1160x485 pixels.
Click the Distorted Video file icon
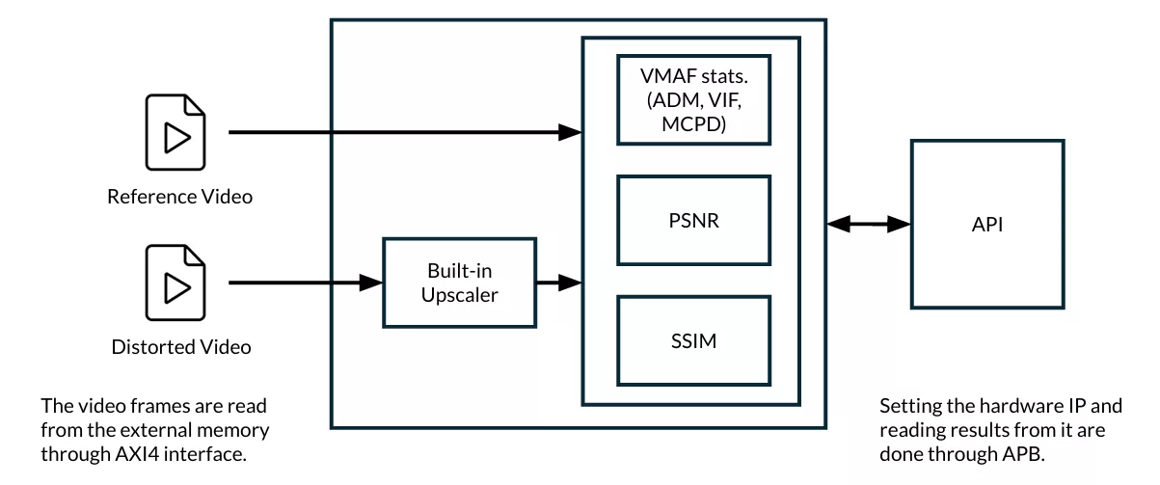pyautogui.click(x=175, y=283)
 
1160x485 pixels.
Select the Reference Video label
pyautogui.click(x=179, y=197)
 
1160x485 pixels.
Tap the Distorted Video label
pyautogui.click(x=181, y=347)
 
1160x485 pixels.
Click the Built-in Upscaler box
pyautogui.click(x=459, y=283)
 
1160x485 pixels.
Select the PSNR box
pyautogui.click(x=692, y=221)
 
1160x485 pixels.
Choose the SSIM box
pyautogui.click(x=692, y=340)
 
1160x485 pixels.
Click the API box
pyautogui.click(x=987, y=224)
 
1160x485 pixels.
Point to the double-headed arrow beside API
pyautogui.click(x=869, y=225)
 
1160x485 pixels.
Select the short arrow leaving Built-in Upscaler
pyautogui.click(x=558, y=283)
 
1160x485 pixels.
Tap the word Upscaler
pyautogui.click(x=460, y=295)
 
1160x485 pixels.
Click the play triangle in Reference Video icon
pyautogui.click(x=176, y=138)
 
